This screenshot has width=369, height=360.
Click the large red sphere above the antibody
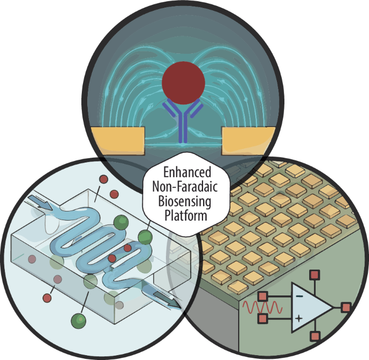[184, 82]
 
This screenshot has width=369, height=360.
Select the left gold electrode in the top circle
[118, 139]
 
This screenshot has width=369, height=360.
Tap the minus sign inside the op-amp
[299, 296]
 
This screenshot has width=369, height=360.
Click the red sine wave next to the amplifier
[262, 308]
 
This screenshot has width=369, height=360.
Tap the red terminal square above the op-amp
[315, 276]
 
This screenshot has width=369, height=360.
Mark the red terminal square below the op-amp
[315, 337]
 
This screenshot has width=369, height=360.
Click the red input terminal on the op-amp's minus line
[262, 296]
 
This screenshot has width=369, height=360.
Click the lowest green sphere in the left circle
[79, 320]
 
